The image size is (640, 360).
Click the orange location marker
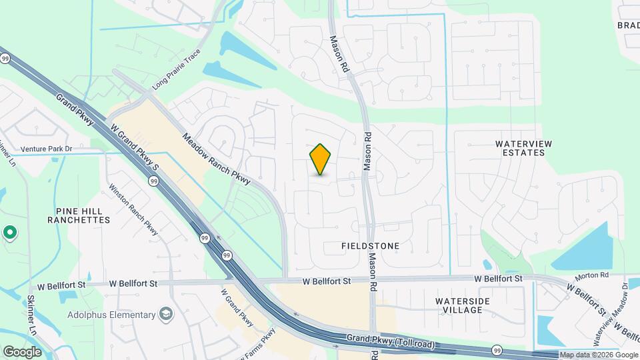[x=321, y=159]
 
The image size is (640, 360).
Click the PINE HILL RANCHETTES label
[x=78, y=215]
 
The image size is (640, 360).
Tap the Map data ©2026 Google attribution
[x=599, y=355]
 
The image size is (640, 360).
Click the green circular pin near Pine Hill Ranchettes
[x=9, y=233]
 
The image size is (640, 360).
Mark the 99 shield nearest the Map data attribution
[x=497, y=350]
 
